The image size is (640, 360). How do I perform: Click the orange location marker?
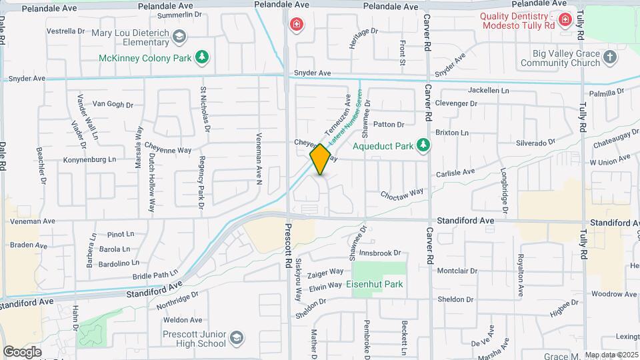(x=321, y=159)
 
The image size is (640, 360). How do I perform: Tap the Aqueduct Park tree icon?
(x=422, y=145)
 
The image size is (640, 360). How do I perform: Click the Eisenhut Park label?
(x=375, y=284)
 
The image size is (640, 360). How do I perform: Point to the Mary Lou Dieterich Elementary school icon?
(x=179, y=36)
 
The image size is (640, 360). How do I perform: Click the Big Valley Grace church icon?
(x=609, y=58)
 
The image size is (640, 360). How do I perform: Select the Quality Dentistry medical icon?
(x=565, y=21)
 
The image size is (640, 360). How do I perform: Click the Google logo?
(x=22, y=351)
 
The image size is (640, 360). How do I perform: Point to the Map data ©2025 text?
(x=610, y=355)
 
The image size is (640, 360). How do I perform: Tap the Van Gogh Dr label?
(x=113, y=104)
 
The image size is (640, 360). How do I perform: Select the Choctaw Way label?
(x=402, y=193)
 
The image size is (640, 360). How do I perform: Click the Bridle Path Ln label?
(x=155, y=274)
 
